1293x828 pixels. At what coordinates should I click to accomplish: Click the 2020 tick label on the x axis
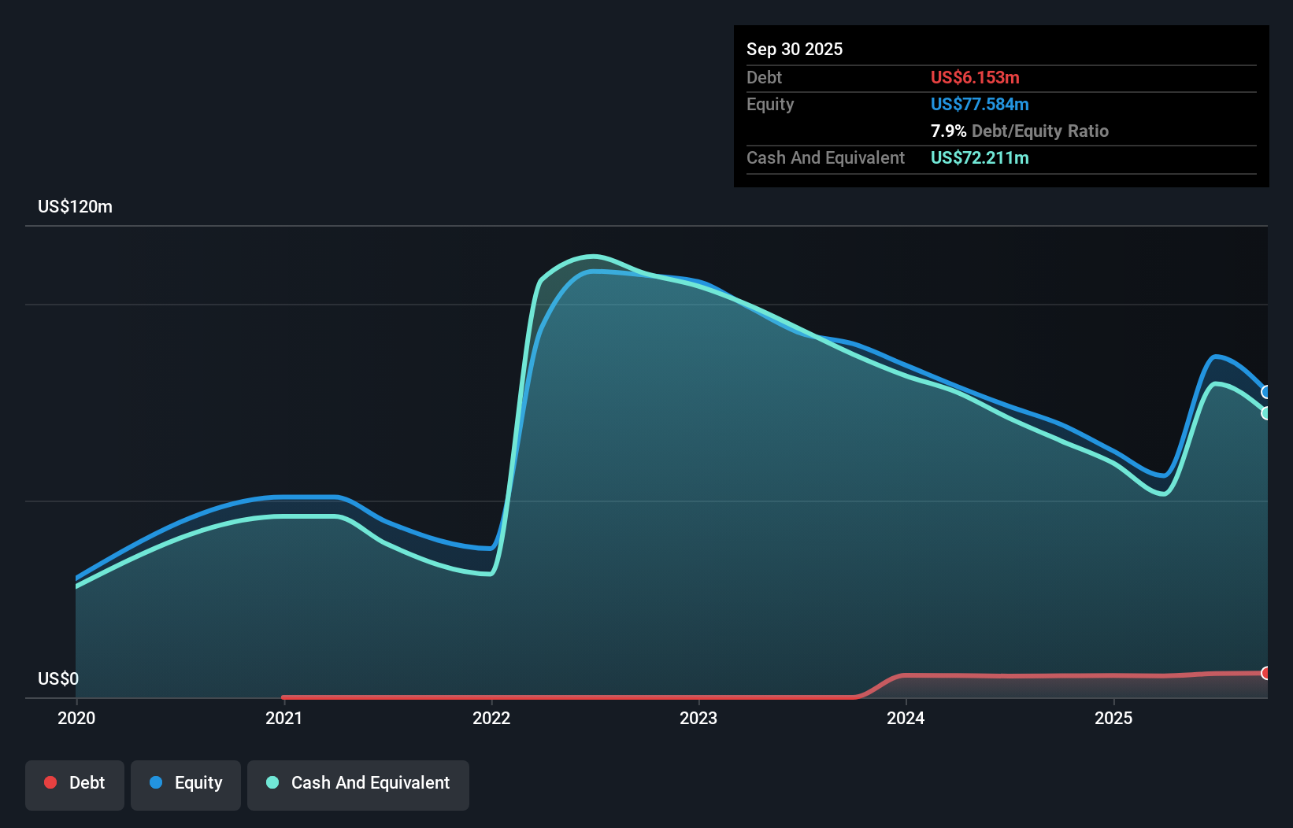pos(76,718)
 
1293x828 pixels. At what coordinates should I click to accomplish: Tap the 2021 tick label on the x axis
pos(283,718)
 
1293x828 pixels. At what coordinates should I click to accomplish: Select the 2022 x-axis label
pos(491,718)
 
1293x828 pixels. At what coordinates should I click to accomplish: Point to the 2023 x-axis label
pos(698,718)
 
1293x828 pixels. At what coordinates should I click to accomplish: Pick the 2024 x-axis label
pos(906,718)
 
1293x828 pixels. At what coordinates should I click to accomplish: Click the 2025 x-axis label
pos(1113,718)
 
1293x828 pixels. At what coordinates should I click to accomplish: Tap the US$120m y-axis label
pos(75,206)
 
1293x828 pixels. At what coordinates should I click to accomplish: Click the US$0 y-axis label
pos(58,678)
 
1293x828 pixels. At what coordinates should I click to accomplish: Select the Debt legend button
pos(75,783)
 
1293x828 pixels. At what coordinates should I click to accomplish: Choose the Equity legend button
pos(186,783)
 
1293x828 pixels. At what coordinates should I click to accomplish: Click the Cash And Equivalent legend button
pos(358,783)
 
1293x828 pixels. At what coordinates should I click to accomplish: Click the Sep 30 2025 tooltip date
pos(794,49)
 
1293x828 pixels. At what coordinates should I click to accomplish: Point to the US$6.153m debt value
pos(975,77)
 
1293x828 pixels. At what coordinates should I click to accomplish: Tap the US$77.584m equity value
pos(980,104)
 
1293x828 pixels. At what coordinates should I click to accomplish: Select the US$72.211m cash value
pos(980,157)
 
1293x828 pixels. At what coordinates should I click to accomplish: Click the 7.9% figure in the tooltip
pos(948,131)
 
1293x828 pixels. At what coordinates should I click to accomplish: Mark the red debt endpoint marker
pos(1266,673)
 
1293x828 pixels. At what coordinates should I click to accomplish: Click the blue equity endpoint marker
pos(1266,392)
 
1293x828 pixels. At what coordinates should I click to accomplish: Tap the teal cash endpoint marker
pos(1266,413)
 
